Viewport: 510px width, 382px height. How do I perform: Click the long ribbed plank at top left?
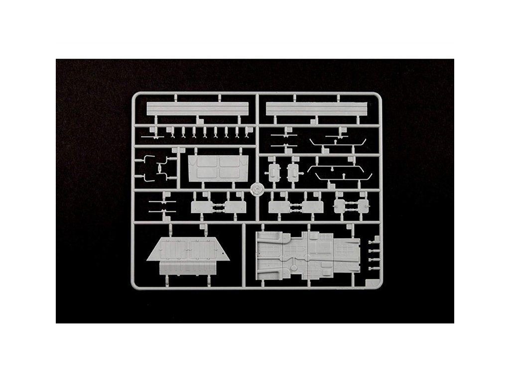pyautogui.click(x=197, y=109)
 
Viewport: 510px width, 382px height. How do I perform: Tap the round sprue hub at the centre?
pyautogui.click(x=256, y=190)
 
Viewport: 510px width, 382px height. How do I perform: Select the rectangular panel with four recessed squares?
pyautogui.click(x=218, y=168)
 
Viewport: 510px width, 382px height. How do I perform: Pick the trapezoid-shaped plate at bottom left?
pyautogui.click(x=189, y=249)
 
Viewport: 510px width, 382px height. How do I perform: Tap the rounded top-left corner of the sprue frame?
pyautogui.click(x=134, y=95)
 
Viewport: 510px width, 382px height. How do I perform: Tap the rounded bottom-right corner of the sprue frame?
pyautogui.click(x=380, y=286)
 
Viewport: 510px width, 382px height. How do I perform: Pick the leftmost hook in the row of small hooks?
pyautogui.click(x=172, y=132)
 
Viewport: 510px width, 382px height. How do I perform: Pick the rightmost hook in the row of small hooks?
pyautogui.click(x=248, y=132)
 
